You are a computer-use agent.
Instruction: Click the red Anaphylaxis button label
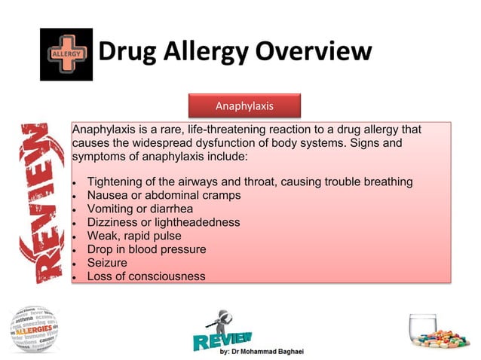coord(244,105)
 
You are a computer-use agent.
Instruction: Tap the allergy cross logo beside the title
coord(66,54)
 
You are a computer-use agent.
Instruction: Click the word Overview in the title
coord(313,52)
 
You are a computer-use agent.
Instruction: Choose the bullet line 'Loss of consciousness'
coord(146,276)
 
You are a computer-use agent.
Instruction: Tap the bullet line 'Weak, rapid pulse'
coord(134,236)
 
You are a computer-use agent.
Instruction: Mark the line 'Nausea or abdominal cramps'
coord(164,195)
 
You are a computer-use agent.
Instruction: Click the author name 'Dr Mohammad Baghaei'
coord(275,352)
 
